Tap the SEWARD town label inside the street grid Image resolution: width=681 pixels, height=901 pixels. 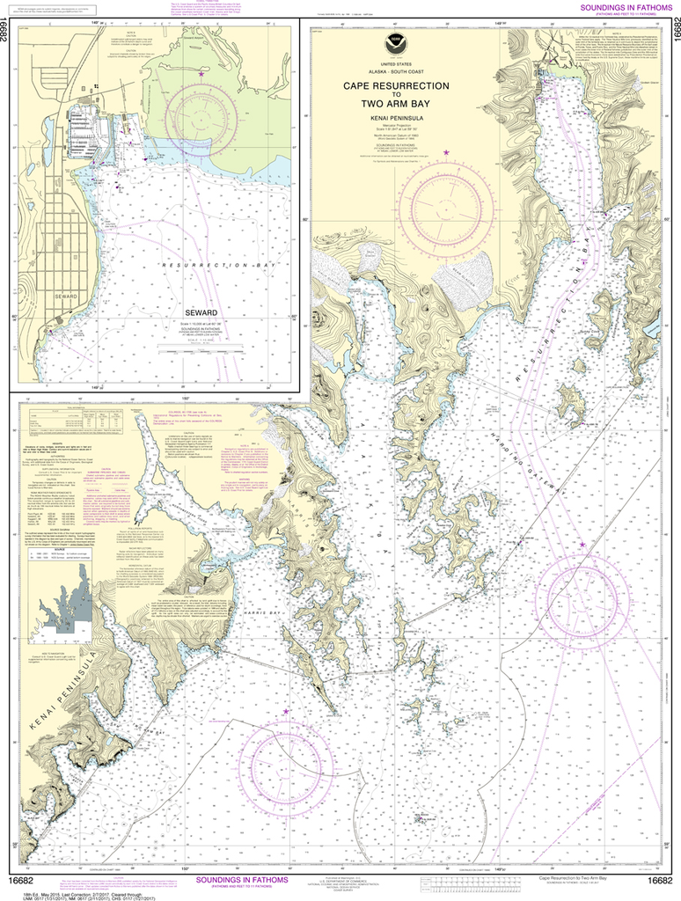coord(59,320)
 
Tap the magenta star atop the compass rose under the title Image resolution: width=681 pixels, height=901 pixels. coord(446,154)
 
